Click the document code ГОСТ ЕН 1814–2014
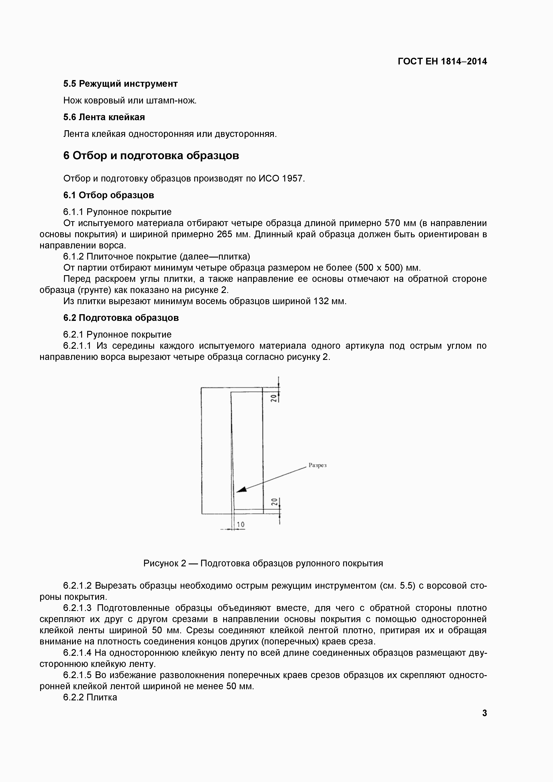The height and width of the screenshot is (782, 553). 442,62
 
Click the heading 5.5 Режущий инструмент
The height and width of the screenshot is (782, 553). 121,84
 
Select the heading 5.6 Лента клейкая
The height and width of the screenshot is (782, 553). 104,117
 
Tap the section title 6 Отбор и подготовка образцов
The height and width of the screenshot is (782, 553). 151,156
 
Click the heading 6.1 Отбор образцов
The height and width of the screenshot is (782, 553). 109,195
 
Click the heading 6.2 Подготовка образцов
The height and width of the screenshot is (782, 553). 121,318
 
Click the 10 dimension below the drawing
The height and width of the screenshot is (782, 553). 241,524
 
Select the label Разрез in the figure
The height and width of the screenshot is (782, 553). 317,465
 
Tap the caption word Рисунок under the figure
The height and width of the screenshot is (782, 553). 161,563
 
